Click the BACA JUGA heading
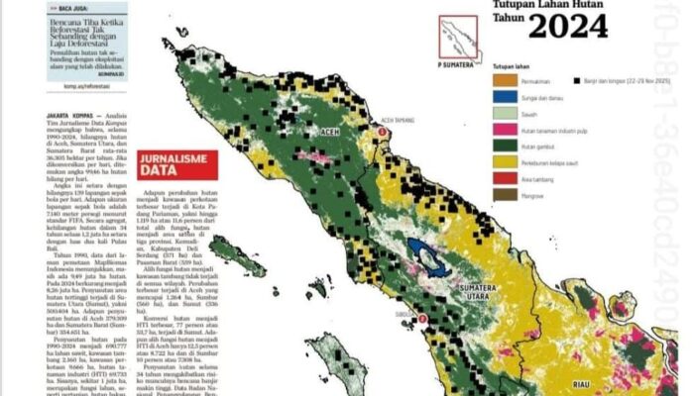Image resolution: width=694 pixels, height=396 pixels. coord(74,7)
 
